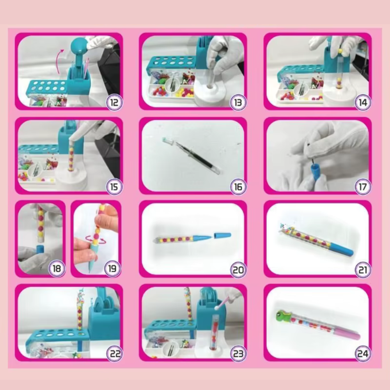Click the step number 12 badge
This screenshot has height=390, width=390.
point(114,103)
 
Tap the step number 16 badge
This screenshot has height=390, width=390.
point(238,187)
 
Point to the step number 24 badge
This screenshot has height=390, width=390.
point(362,354)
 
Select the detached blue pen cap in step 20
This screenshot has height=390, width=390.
point(222,235)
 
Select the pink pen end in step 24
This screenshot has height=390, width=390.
point(347,333)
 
